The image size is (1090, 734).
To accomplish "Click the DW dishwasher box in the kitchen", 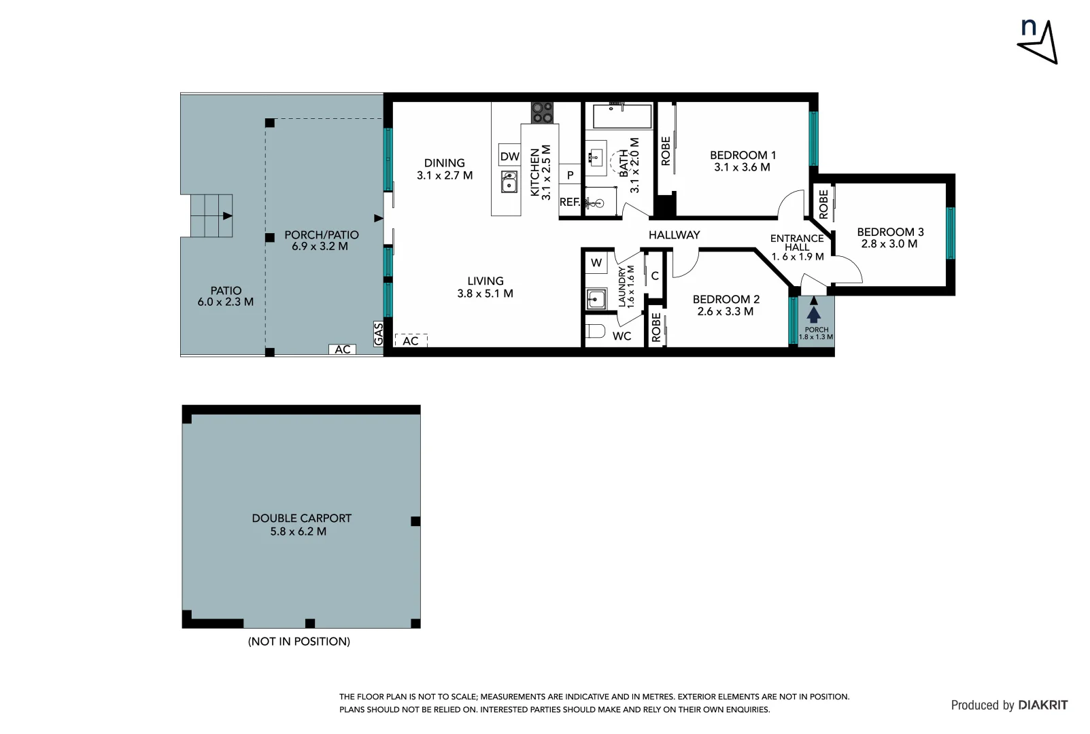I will pyautogui.click(x=509, y=156).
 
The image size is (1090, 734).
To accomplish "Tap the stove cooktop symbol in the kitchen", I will pyautogui.click(x=542, y=112).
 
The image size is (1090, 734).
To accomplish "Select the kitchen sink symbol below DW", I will pyautogui.click(x=509, y=182).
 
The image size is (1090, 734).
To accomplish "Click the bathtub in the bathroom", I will pyautogui.click(x=622, y=116).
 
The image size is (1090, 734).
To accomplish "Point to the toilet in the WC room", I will pyautogui.click(x=596, y=332).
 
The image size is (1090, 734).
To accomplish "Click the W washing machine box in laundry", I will pyautogui.click(x=596, y=263).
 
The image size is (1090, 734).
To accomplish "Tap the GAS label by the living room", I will pyautogui.click(x=379, y=334).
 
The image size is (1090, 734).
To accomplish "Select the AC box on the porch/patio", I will pyautogui.click(x=343, y=349).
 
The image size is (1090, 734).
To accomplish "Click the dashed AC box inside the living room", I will pyautogui.click(x=411, y=340).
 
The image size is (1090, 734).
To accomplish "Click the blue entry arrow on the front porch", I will pyautogui.click(x=814, y=315).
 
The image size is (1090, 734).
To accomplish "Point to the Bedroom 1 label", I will pyautogui.click(x=743, y=155).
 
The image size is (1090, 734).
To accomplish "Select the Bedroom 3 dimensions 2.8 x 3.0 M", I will pyautogui.click(x=889, y=244).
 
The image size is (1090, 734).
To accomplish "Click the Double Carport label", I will pyautogui.click(x=301, y=518).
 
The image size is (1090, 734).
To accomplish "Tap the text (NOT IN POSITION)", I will pyautogui.click(x=299, y=641).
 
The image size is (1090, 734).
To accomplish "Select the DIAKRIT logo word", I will pyautogui.click(x=1042, y=705).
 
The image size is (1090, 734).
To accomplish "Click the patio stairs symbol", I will pyautogui.click(x=211, y=215).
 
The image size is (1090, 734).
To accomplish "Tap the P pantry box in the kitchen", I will pyautogui.click(x=570, y=175).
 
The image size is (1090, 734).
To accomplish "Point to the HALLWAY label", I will pyautogui.click(x=674, y=234).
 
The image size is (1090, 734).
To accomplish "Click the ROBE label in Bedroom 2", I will pyautogui.click(x=656, y=328).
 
